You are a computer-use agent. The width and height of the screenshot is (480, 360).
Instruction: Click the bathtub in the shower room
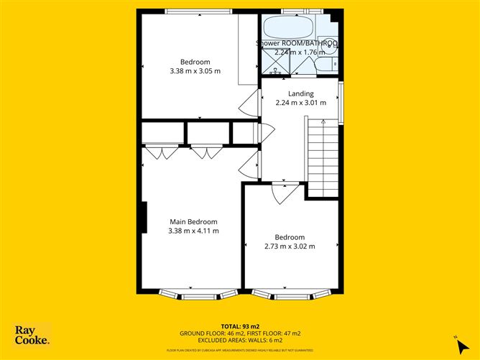pos(287,27)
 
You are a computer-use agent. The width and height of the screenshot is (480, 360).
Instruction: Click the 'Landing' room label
pos(300,94)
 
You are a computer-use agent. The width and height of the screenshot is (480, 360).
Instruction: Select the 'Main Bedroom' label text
pos(193,222)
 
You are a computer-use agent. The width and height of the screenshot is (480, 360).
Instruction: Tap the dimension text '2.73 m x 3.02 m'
pos(290,246)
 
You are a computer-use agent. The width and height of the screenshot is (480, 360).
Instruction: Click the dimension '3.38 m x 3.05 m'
pos(195,71)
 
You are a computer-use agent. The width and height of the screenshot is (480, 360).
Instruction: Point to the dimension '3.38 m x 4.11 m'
pos(193,231)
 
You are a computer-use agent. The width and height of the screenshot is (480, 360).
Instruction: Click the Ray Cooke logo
pos(32,334)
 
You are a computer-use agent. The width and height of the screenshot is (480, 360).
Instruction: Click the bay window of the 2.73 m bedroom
pos(292,294)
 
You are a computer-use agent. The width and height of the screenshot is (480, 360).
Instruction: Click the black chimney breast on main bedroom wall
pos(144,217)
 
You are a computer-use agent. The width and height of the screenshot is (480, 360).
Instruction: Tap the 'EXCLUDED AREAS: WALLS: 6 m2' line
pos(240,340)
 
